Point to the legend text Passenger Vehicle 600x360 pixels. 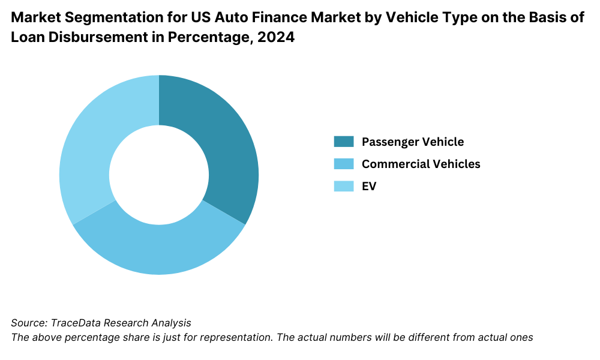click(412, 142)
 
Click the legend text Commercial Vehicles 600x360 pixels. click(421, 164)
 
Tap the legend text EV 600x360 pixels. click(369, 186)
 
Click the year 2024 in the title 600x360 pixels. click(278, 38)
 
